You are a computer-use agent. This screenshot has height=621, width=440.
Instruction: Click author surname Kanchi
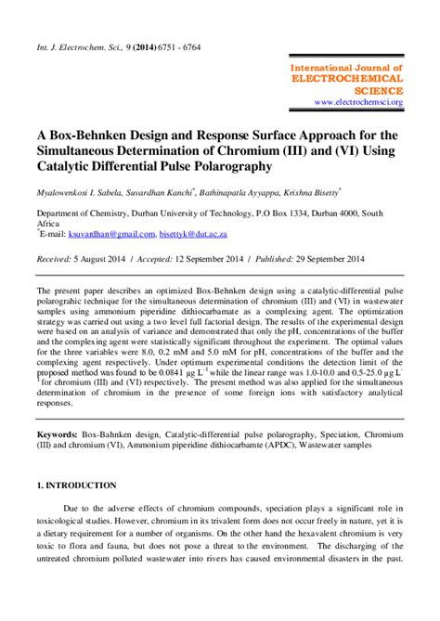click(x=205, y=193)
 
